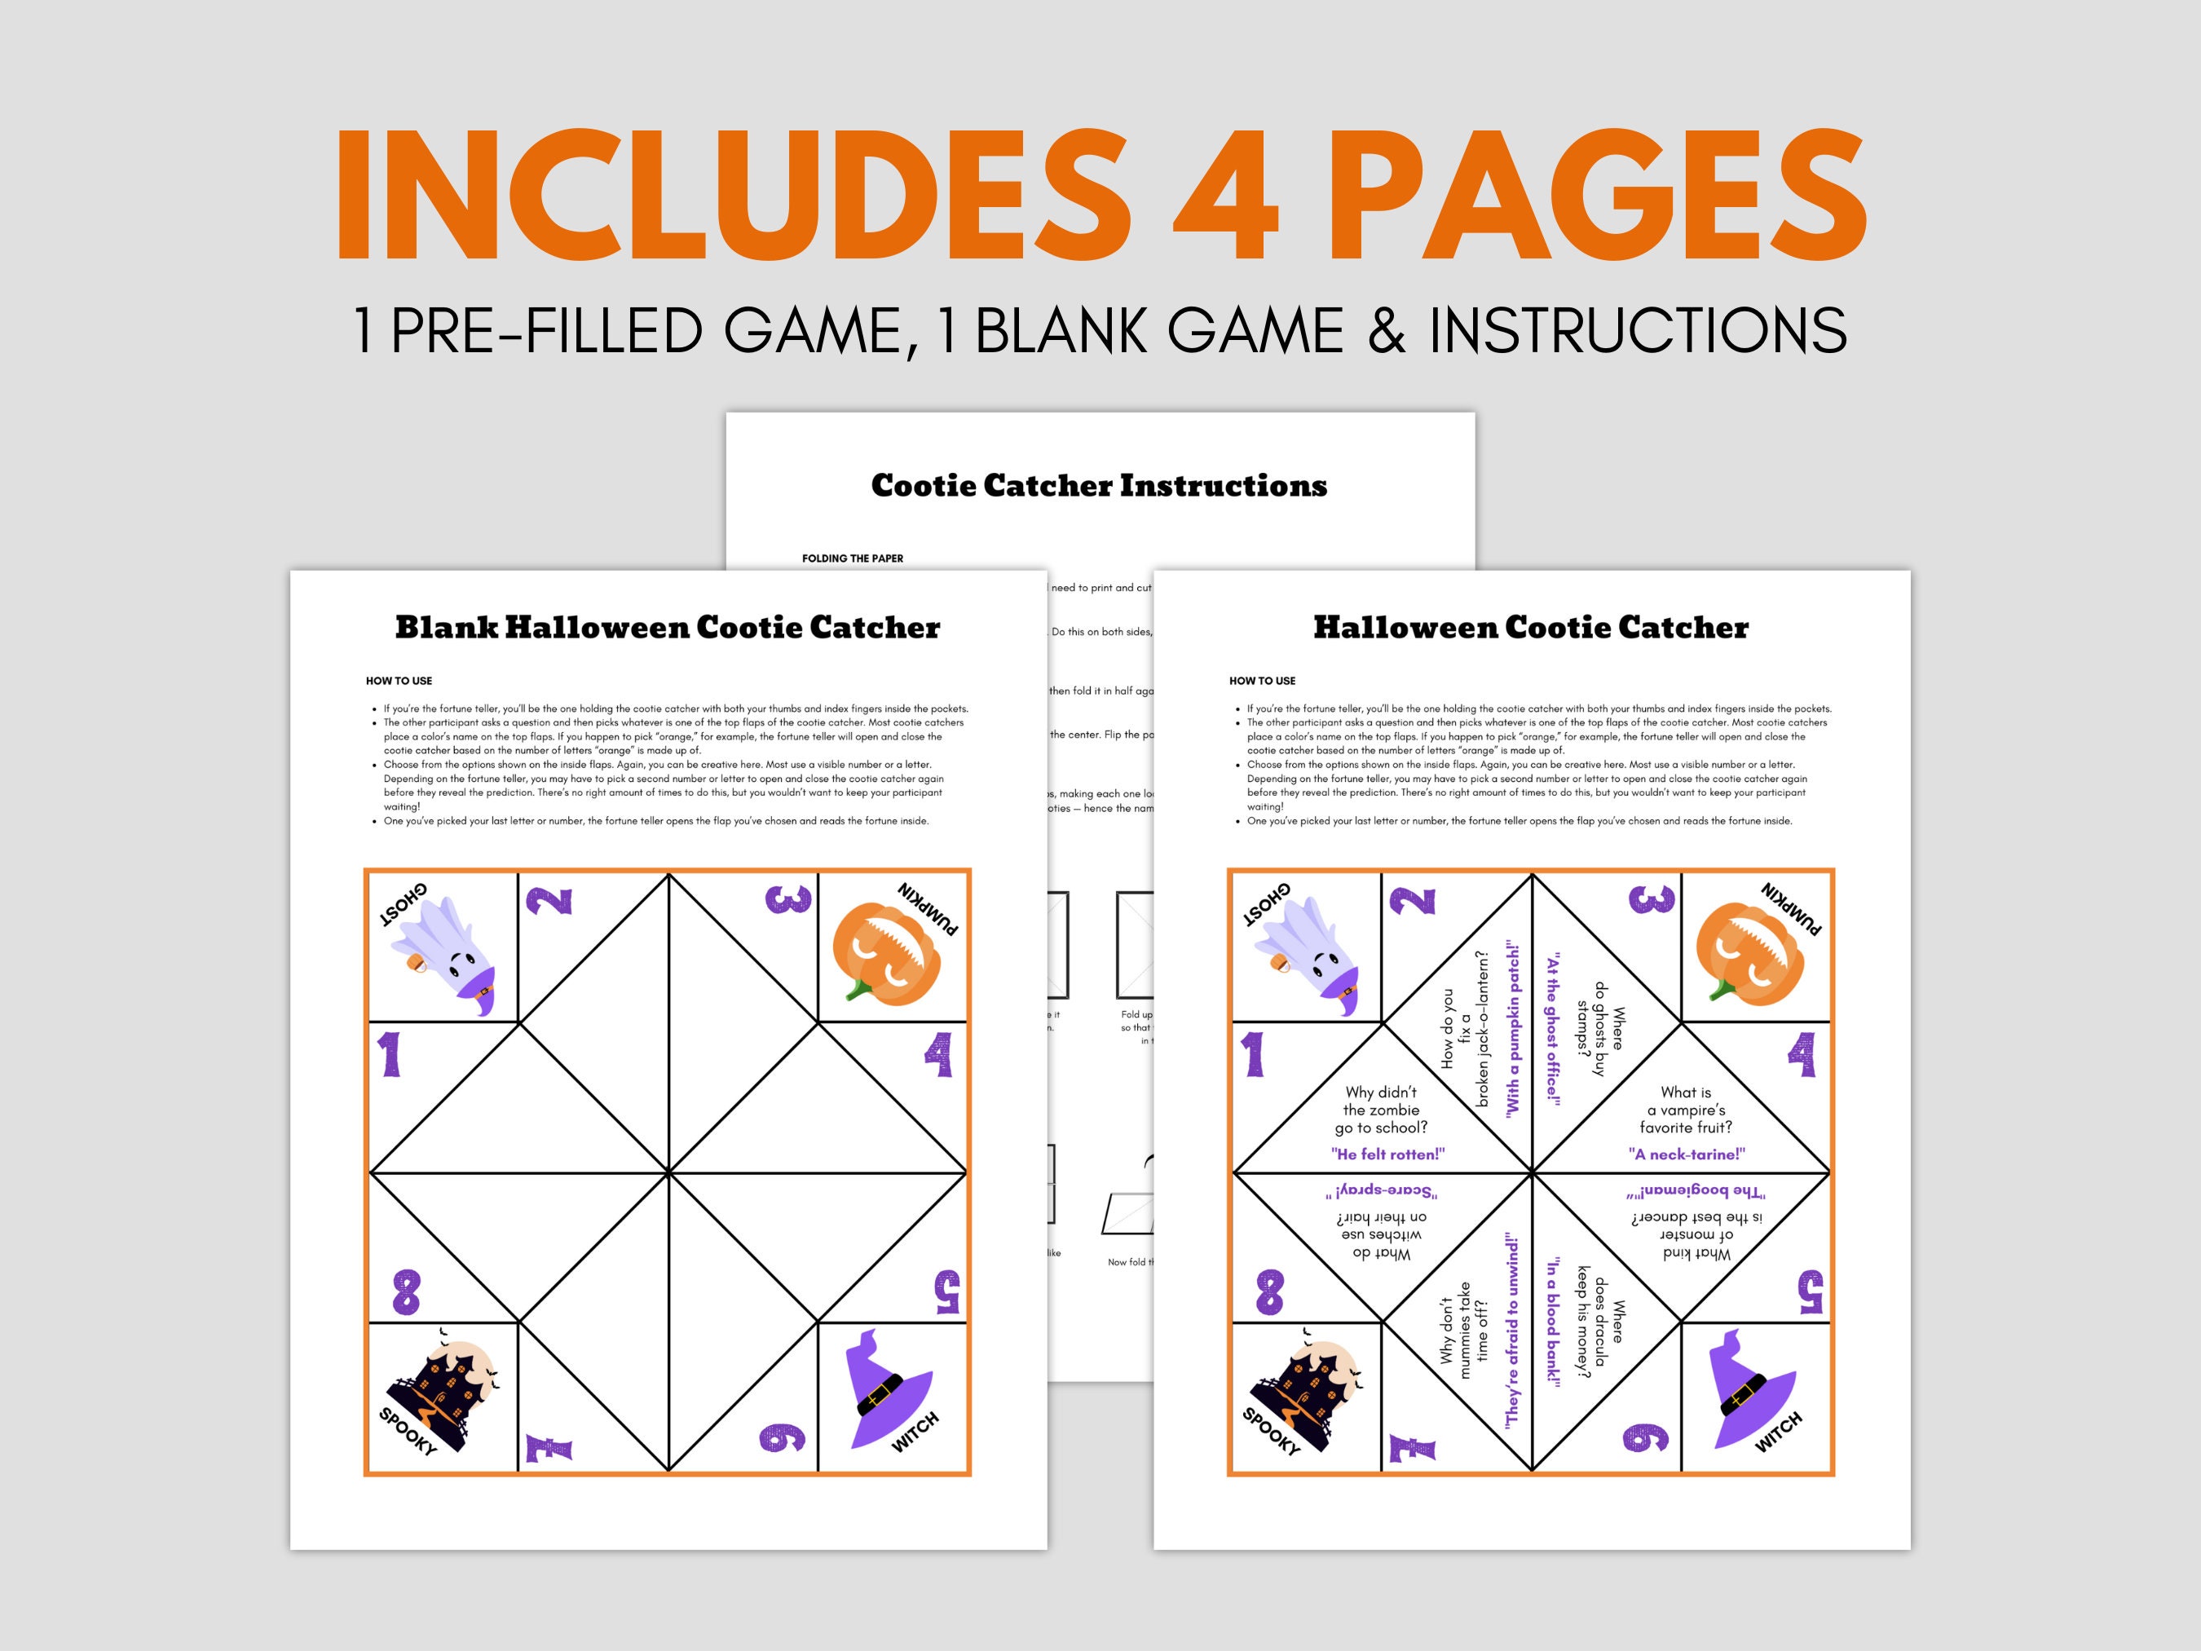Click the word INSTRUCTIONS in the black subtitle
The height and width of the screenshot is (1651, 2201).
click(1638, 330)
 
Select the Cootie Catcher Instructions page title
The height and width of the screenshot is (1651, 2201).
click(1099, 486)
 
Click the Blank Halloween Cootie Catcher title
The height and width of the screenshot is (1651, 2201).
click(667, 628)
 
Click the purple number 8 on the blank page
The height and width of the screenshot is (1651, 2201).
click(406, 1291)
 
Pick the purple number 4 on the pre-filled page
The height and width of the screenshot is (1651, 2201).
click(1801, 1055)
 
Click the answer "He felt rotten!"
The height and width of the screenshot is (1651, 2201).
click(1387, 1154)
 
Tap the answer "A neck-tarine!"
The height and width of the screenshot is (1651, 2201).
click(1686, 1154)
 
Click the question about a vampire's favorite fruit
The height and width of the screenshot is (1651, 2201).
click(1686, 1110)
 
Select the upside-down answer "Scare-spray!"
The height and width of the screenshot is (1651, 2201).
click(1381, 1191)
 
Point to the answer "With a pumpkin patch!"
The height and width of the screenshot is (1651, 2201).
click(1512, 1028)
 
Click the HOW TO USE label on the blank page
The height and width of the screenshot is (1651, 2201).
click(399, 681)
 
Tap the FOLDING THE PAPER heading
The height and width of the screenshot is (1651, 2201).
click(853, 558)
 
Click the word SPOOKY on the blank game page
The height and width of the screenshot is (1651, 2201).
click(408, 1431)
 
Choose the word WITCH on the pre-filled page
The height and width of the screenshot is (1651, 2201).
click(1778, 1431)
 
